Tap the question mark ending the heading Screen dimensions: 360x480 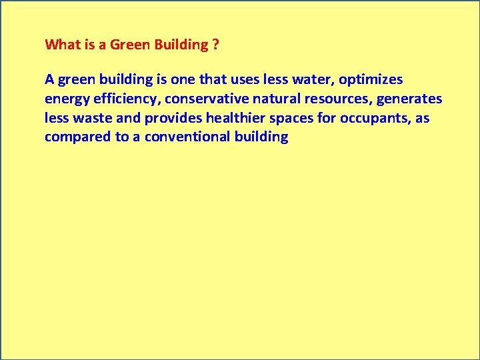[215, 45]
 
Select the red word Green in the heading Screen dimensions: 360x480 [130, 45]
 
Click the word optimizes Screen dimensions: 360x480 [371, 79]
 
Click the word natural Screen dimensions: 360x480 [276, 99]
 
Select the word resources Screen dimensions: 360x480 [339, 99]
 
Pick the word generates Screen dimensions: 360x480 [409, 99]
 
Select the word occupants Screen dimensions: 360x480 [375, 119]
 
